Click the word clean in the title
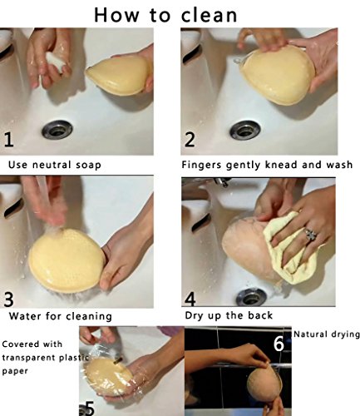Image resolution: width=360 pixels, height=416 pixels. click(x=210, y=15)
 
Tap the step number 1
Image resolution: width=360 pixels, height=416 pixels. click(x=8, y=140)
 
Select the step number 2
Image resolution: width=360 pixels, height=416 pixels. click(x=190, y=139)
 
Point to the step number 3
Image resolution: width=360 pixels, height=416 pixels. click(x=8, y=300)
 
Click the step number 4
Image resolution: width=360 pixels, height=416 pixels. click(x=190, y=299)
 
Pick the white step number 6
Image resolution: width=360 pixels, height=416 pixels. click(x=279, y=344)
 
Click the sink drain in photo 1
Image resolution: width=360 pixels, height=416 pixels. click(x=57, y=130)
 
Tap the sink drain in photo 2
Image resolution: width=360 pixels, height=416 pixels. click(x=245, y=130)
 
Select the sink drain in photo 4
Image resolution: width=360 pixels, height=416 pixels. click(x=252, y=297)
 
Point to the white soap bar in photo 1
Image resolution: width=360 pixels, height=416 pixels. click(x=56, y=62)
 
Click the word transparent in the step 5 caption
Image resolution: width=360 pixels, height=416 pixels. click(x=29, y=358)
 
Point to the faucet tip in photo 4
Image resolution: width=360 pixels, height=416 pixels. click(x=222, y=182)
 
